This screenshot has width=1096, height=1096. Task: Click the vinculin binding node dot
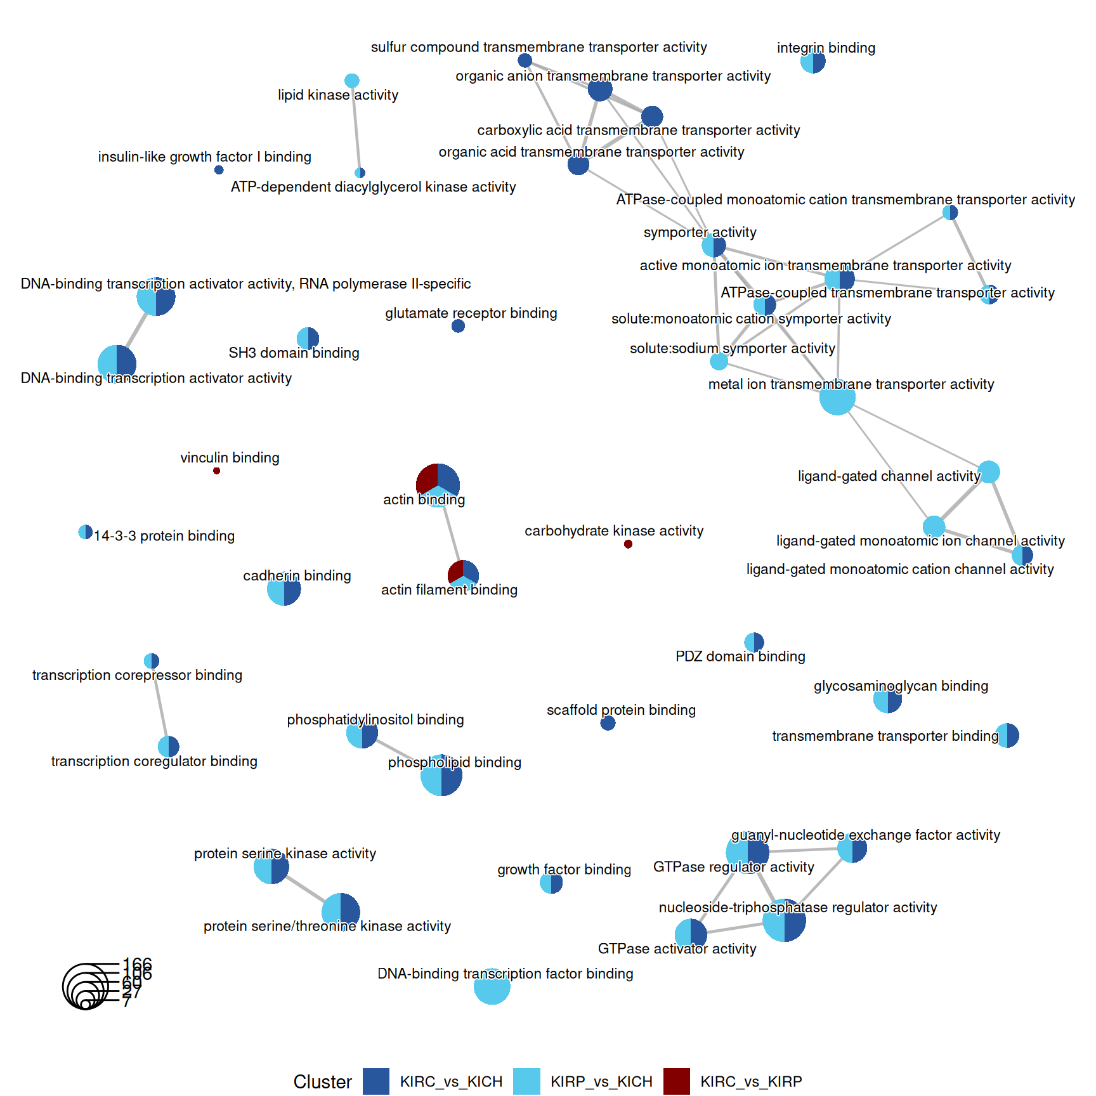217,471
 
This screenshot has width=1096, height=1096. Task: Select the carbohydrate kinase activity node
628,544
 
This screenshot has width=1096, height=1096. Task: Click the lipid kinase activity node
352,81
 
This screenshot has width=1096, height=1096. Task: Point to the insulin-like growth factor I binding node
219,170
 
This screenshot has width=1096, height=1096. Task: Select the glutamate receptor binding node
458,326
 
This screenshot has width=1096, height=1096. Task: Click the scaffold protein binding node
608,723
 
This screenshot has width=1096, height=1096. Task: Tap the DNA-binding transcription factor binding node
492,986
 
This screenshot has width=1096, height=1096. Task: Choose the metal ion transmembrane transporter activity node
837,398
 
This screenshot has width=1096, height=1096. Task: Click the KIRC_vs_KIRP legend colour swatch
676,1081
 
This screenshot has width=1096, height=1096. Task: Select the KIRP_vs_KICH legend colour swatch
526,1081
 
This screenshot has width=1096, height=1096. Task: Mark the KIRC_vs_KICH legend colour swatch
376,1081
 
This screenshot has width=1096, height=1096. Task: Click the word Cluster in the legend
322,1082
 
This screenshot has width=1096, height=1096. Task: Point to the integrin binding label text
826,48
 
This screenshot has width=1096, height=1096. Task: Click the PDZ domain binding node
754,642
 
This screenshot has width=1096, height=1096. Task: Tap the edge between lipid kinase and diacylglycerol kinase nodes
356,127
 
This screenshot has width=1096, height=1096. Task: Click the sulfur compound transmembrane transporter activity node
525,60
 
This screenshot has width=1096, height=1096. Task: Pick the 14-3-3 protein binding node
85,532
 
